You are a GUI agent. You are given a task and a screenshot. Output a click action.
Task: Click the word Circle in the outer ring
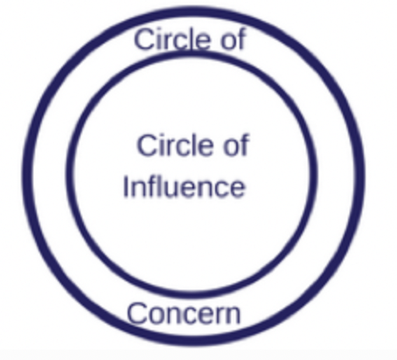[171, 38]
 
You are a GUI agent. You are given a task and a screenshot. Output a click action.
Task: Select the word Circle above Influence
[175, 145]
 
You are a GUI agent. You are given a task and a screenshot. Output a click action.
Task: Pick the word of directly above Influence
[236, 145]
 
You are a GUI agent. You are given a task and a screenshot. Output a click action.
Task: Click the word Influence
[185, 186]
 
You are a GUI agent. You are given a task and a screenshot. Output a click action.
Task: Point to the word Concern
[184, 313]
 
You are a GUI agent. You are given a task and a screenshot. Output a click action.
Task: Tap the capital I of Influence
[125, 186]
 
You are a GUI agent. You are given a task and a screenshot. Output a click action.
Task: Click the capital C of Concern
[137, 313]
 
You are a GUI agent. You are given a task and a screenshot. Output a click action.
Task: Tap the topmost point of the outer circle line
[193, 11]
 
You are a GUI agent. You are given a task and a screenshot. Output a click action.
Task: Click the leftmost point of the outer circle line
[27, 177]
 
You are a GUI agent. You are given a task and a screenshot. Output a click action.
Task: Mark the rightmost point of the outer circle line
[360, 177]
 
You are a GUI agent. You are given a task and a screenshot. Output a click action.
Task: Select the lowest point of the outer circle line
[193, 341]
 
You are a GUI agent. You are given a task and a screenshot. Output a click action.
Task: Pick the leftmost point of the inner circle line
[70, 175]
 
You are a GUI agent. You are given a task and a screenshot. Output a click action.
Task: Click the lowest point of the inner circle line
[192, 295]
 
